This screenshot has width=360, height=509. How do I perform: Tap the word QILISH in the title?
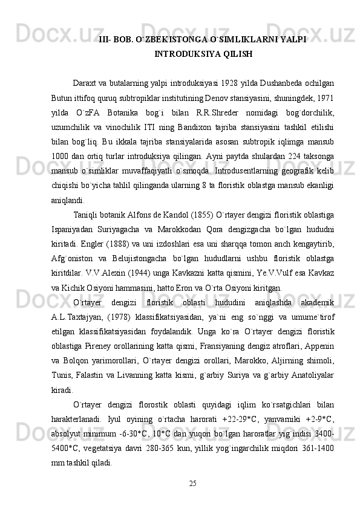(235, 54)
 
